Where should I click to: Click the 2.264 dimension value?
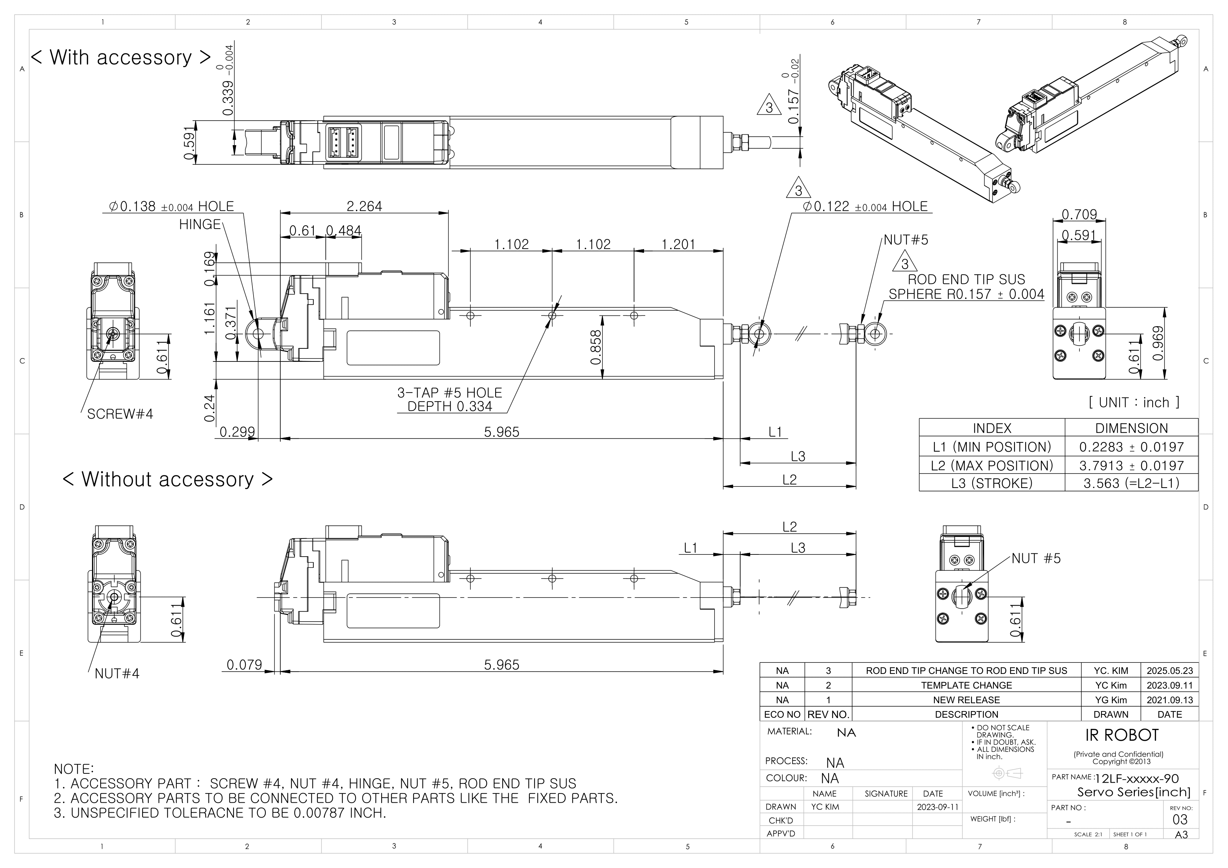[x=364, y=206]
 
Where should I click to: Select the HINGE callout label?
[x=199, y=224]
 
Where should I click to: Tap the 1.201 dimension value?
[x=678, y=245]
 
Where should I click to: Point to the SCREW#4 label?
[x=120, y=414]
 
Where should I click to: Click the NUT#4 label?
[x=117, y=673]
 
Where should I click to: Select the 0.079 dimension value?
[x=244, y=665]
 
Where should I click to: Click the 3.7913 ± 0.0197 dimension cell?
[x=1131, y=465]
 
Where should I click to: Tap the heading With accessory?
[x=121, y=57]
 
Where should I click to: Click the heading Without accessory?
[x=167, y=479]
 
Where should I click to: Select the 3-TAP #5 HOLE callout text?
[x=449, y=393]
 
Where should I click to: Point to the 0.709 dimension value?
[x=1079, y=214]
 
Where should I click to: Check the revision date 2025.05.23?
[x=1169, y=671]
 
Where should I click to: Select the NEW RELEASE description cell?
[x=966, y=700]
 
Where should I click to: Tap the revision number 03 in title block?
[x=1179, y=820]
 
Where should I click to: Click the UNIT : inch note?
[x=1133, y=403]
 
